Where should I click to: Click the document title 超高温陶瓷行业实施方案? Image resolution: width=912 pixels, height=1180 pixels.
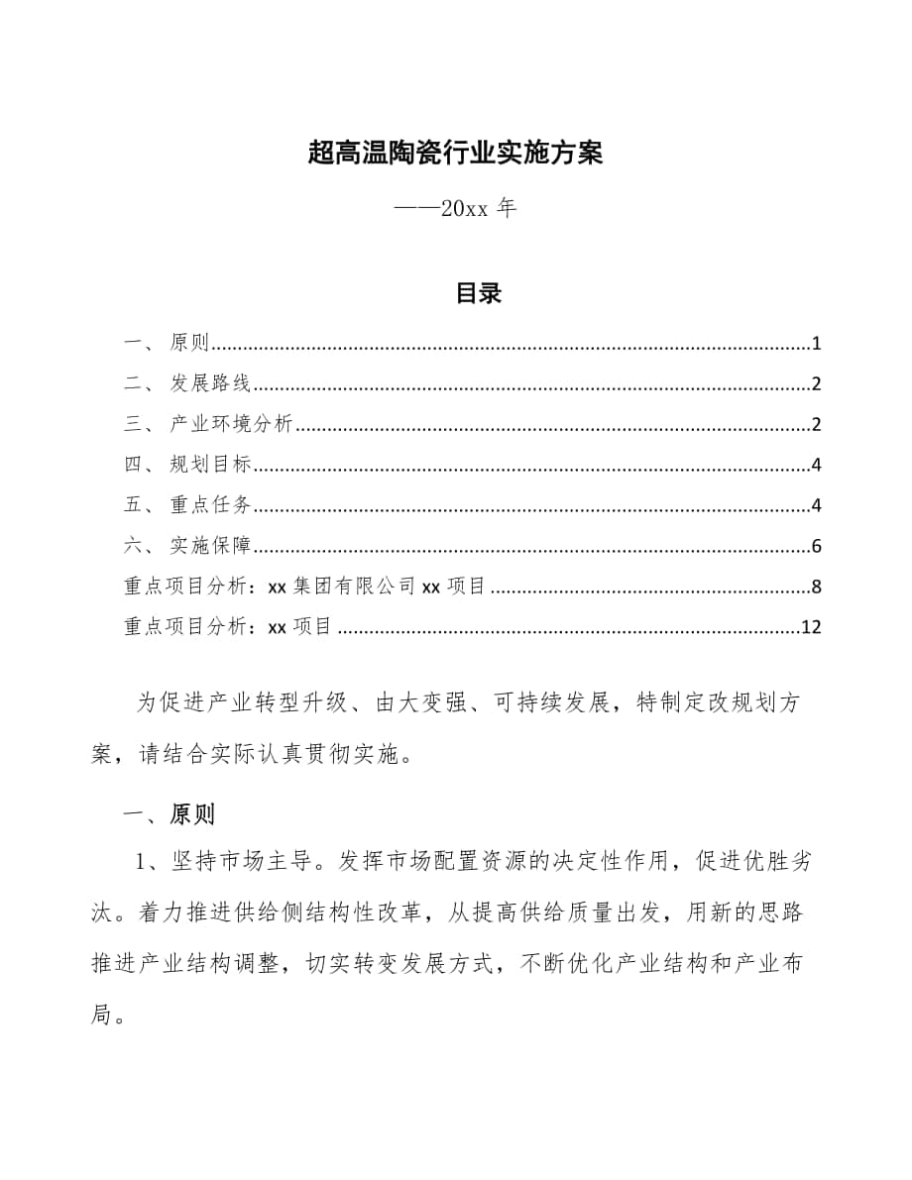tap(456, 154)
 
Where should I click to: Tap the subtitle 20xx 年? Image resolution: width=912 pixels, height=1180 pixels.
tap(455, 210)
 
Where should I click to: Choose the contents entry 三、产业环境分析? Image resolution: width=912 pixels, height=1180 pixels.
tap(208, 425)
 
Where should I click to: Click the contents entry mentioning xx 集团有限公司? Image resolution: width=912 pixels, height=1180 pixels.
tap(305, 587)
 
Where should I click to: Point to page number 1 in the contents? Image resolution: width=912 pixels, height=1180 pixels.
tap(816, 344)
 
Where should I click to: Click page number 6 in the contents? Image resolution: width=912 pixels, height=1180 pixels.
tap(816, 546)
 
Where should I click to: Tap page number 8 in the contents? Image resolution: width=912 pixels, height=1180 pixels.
tap(816, 587)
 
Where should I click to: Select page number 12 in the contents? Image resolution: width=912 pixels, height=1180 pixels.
tap(811, 627)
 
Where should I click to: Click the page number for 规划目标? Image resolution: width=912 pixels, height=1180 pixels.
tap(816, 465)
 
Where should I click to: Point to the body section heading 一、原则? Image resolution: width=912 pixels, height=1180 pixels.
tap(167, 814)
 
